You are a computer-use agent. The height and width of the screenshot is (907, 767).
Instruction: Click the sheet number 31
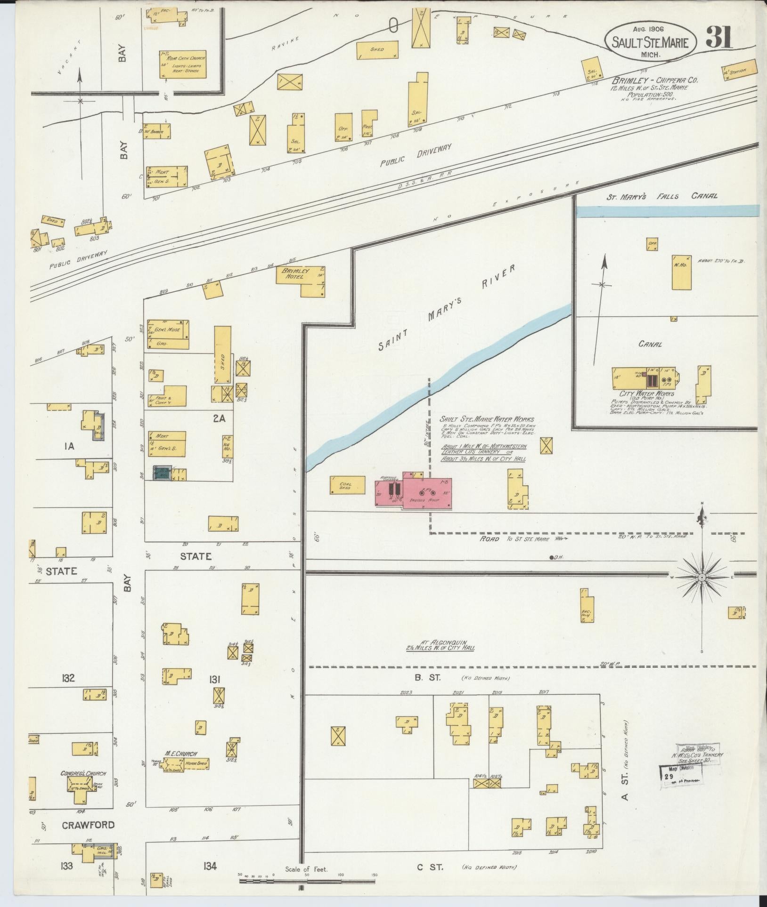click(718, 38)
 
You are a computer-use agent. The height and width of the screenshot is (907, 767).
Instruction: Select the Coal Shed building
click(348, 485)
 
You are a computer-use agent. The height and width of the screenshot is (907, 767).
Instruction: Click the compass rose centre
click(702, 577)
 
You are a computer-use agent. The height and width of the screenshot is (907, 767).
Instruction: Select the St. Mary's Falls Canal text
click(662, 196)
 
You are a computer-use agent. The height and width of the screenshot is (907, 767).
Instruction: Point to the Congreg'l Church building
click(83, 790)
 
